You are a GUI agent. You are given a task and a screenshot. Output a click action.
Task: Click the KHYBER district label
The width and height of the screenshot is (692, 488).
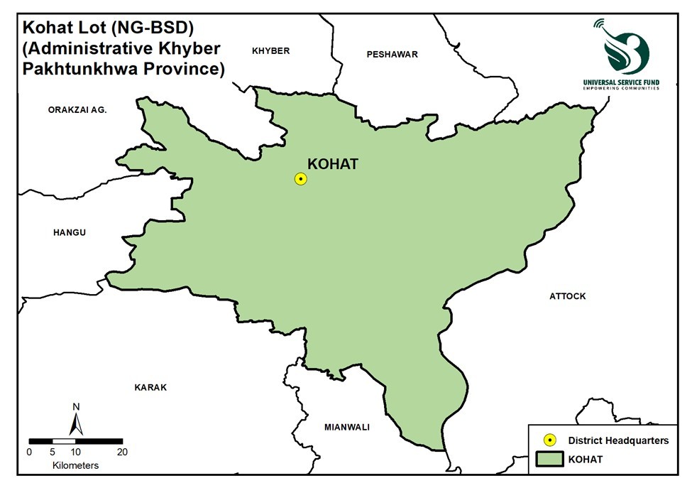(271, 50)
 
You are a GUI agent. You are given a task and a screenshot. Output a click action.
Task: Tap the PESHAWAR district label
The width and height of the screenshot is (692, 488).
(392, 54)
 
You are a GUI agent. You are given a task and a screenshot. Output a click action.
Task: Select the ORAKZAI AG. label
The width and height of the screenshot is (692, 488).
(77, 109)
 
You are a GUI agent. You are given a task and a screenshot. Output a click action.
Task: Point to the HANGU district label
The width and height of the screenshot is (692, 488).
(70, 232)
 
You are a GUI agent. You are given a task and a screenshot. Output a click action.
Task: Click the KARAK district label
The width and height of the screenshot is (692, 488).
(150, 387)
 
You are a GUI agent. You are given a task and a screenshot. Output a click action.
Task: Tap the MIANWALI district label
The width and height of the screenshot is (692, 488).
(347, 427)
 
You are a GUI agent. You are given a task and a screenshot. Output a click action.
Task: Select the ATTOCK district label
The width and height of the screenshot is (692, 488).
(568, 296)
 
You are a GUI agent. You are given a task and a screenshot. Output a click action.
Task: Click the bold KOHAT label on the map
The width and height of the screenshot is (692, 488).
(333, 164)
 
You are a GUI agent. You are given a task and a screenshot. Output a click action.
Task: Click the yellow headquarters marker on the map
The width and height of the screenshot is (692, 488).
(300, 179)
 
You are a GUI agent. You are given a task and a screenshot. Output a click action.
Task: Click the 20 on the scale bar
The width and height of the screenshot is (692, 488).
(122, 452)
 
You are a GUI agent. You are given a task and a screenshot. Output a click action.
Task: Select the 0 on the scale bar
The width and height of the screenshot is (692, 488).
(29, 452)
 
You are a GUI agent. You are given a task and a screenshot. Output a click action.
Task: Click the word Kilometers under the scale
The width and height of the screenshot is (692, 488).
(75, 465)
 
